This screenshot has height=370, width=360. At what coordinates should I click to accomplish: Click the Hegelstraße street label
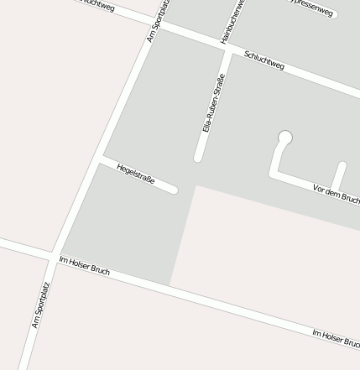(x=136, y=175)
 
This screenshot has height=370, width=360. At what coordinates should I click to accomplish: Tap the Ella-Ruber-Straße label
(x=214, y=104)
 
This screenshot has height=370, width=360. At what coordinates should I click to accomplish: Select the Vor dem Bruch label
(x=336, y=194)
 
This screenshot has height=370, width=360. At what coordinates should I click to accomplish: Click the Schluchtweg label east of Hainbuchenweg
(x=264, y=61)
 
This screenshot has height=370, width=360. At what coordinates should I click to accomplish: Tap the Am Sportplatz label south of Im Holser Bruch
(x=41, y=305)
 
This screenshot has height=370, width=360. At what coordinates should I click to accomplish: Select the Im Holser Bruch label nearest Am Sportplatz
(x=84, y=266)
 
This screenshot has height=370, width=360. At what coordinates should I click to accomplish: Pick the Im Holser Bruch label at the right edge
(x=336, y=338)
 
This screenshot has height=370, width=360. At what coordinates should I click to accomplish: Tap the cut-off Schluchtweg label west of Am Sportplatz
(x=96, y=4)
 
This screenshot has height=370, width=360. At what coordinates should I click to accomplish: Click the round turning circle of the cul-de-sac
(x=285, y=137)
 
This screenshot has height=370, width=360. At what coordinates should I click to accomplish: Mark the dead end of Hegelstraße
(x=174, y=190)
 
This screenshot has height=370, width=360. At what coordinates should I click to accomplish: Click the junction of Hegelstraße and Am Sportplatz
(x=99, y=157)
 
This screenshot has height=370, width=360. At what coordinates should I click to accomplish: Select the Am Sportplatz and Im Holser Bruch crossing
(x=55, y=254)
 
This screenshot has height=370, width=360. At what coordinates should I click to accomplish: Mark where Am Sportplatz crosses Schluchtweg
(x=157, y=26)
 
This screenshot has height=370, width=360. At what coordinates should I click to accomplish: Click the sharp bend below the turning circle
(x=274, y=172)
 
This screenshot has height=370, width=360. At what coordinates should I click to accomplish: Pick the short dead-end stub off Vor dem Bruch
(x=341, y=166)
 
